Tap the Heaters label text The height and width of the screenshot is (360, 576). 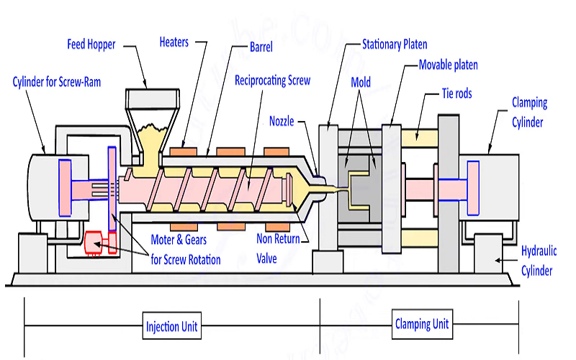pos(175,41)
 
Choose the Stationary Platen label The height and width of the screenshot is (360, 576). pos(395,45)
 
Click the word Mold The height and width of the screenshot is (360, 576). pos(361,82)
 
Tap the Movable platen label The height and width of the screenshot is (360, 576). pos(448,65)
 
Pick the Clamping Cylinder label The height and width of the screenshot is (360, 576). pos(529,112)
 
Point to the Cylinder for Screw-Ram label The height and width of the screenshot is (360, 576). pos(57,82)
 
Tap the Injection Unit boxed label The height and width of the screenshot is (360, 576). pos(173,327)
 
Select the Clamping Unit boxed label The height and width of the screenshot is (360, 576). pos(422,324)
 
